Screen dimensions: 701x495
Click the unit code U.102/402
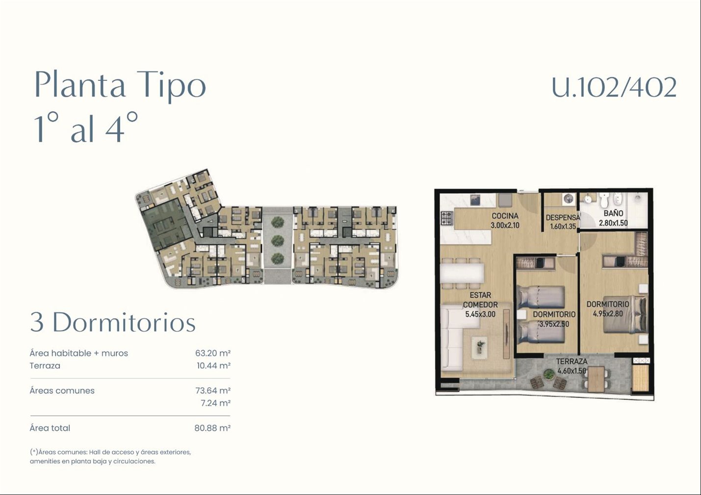coord(614,87)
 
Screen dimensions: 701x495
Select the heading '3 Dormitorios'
coord(113,322)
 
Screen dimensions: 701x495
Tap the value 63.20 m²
coord(213,353)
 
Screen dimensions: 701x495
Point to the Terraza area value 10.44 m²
coord(213,366)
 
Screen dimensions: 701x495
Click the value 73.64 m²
coord(213,391)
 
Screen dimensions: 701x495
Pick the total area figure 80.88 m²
coord(212,428)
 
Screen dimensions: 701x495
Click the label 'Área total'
coord(50,428)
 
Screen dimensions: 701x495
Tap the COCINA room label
coord(505,216)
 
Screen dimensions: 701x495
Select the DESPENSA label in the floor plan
coord(563,218)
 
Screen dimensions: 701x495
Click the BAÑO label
coord(613,214)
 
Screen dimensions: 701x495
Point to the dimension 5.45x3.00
coord(480,314)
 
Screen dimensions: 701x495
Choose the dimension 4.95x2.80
coord(608,314)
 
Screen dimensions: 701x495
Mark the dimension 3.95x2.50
coord(554,324)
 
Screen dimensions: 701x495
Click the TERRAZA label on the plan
coord(571,362)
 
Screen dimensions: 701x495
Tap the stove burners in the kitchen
coord(446,219)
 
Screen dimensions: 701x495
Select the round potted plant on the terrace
coord(548,374)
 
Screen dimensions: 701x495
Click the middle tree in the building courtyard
coord(277,241)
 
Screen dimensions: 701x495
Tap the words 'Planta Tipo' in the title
coord(120,85)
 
